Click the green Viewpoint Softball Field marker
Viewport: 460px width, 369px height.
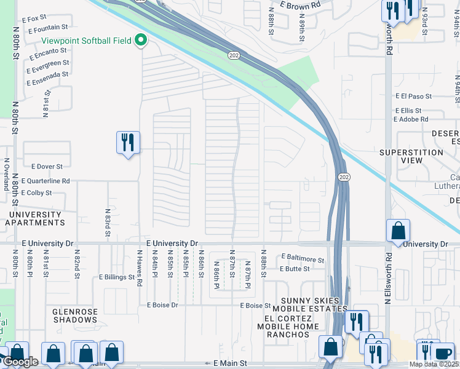(141, 41)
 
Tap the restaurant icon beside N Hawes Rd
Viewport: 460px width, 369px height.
(128, 143)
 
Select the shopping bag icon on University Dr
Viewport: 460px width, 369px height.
(398, 231)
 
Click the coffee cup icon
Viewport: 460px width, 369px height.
(442, 354)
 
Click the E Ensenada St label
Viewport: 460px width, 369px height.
(47, 75)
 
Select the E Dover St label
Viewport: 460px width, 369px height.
(42, 166)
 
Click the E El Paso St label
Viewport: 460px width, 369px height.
(414, 97)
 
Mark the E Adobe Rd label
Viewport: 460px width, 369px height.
(411, 119)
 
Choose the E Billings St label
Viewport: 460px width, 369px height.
(117, 277)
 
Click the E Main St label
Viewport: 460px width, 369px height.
(230, 364)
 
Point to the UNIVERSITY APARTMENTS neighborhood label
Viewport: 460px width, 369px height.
(34, 218)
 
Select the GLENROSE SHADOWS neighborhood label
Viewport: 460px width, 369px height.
(75, 315)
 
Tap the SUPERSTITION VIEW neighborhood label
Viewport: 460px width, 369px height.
(411, 156)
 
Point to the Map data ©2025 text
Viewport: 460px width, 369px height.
(434, 364)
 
